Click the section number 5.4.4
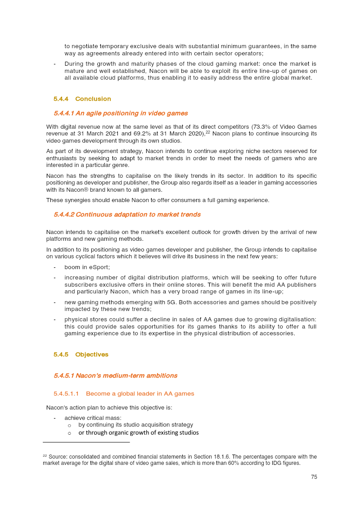point(61,99)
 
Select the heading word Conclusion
point(93,99)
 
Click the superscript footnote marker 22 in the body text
point(208,132)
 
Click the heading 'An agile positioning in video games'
point(131,113)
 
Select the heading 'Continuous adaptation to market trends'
point(138,214)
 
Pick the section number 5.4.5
point(61,355)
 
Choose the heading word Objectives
point(92,355)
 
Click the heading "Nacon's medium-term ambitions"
point(126,375)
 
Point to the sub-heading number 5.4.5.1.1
point(66,394)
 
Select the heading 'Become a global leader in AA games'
point(140,394)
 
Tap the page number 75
point(314,477)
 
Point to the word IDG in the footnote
point(271,463)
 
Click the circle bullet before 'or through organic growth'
point(69,433)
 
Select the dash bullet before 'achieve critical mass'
point(54,418)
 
